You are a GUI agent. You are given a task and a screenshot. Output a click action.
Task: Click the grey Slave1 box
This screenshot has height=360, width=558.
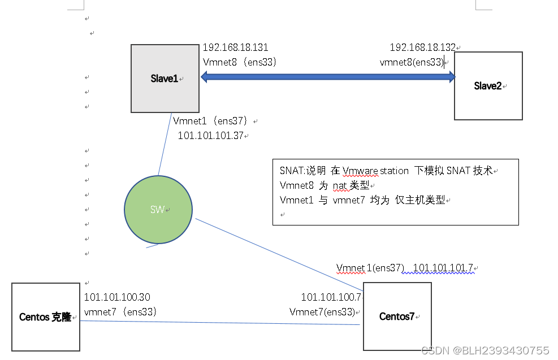[x=165, y=79]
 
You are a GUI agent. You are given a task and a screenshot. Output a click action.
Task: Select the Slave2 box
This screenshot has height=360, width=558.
[x=488, y=86]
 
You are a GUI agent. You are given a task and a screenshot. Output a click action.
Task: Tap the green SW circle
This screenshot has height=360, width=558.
[x=158, y=210]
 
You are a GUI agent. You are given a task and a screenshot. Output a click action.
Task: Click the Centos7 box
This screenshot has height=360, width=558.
[x=397, y=316]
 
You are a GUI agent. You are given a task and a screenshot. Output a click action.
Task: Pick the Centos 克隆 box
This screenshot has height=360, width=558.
[x=45, y=317]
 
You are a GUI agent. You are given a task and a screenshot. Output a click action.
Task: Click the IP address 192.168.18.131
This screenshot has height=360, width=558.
[x=236, y=48]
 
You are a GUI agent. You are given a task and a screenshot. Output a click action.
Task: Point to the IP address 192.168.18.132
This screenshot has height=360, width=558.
[x=422, y=48]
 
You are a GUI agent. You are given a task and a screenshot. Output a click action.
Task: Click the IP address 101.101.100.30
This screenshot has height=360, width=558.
[x=117, y=297]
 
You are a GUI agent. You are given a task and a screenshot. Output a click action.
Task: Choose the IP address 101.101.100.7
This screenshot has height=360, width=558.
[x=331, y=297]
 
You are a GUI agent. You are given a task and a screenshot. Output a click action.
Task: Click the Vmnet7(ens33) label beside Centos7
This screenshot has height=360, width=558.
[x=322, y=312]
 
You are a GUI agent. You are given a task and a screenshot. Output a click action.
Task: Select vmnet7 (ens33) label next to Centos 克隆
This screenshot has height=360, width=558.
[x=120, y=311]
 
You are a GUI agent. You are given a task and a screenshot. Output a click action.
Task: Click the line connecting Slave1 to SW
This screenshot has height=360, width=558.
[x=165, y=144]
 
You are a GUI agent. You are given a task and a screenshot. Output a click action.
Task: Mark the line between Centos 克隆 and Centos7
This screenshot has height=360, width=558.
[x=220, y=323]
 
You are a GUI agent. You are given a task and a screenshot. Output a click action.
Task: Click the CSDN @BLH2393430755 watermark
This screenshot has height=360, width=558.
[x=485, y=350]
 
